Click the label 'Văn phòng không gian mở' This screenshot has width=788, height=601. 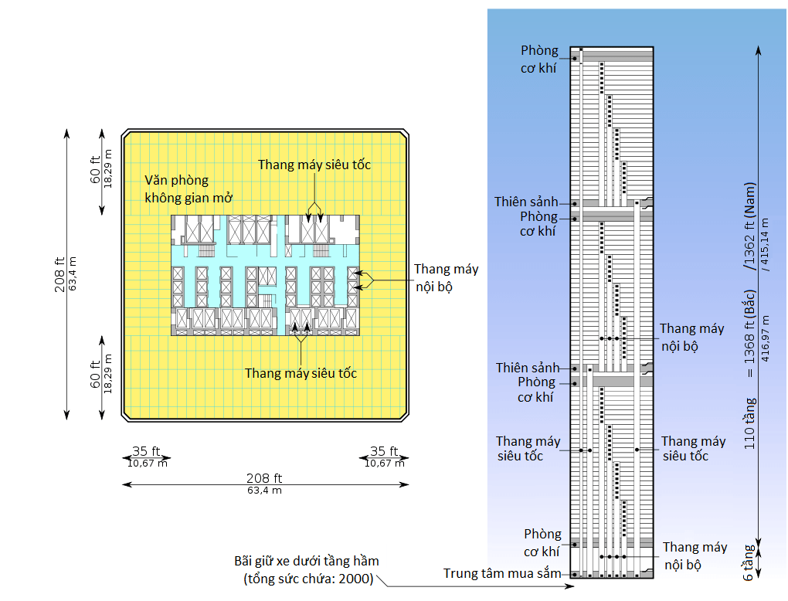point(189,189)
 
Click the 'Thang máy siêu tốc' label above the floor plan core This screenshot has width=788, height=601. point(314,165)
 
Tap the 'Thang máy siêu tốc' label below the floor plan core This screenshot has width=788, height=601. point(301,373)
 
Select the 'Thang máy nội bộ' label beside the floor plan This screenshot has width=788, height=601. point(447,278)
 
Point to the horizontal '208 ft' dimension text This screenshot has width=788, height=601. point(264,478)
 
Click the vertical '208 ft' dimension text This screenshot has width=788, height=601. point(59,274)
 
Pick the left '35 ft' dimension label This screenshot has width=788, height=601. point(146,451)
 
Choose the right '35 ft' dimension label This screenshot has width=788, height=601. point(384,451)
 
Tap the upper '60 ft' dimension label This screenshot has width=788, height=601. point(96,169)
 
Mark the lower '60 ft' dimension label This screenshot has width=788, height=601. point(96,375)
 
